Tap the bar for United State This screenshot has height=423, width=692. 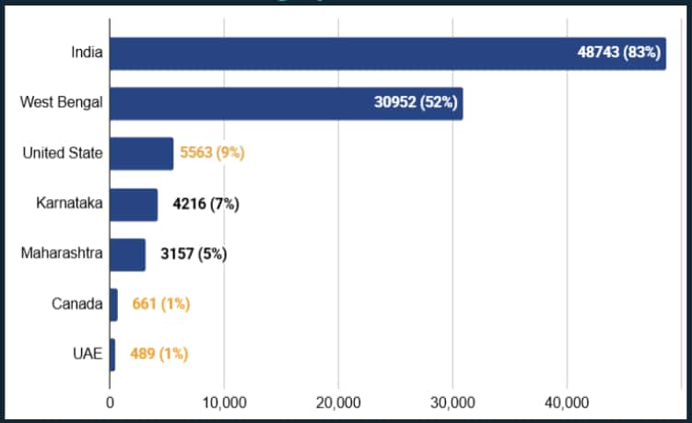point(141,153)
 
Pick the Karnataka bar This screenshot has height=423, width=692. point(133,204)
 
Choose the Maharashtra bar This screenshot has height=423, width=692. point(127,253)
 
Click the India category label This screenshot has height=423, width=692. point(87,53)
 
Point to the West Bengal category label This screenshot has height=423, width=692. point(61,103)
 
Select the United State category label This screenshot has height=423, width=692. point(63,153)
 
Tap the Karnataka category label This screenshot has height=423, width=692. point(69,204)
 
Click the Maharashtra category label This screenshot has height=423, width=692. point(62,253)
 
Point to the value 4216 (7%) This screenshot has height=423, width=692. point(206,204)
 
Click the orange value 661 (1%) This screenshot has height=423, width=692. point(161,304)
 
